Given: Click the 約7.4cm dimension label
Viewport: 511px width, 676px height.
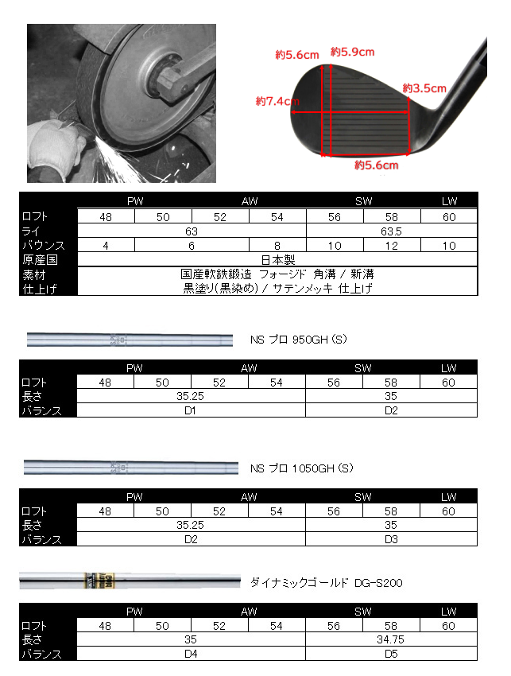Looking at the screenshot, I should [277, 102].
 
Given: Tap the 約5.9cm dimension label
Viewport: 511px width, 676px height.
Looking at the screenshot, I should [352, 52].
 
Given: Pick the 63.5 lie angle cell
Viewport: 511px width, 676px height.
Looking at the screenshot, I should [392, 231].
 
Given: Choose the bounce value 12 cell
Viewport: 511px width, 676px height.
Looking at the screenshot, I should [392, 246].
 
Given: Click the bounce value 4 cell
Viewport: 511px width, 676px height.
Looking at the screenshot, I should [106, 246].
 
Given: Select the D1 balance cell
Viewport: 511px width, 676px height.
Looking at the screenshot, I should [191, 411].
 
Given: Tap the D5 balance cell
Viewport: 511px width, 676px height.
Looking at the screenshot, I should [392, 655].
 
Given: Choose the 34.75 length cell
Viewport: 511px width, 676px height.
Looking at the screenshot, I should [392, 640].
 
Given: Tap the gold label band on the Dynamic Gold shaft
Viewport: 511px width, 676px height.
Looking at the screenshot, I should [103, 581].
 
